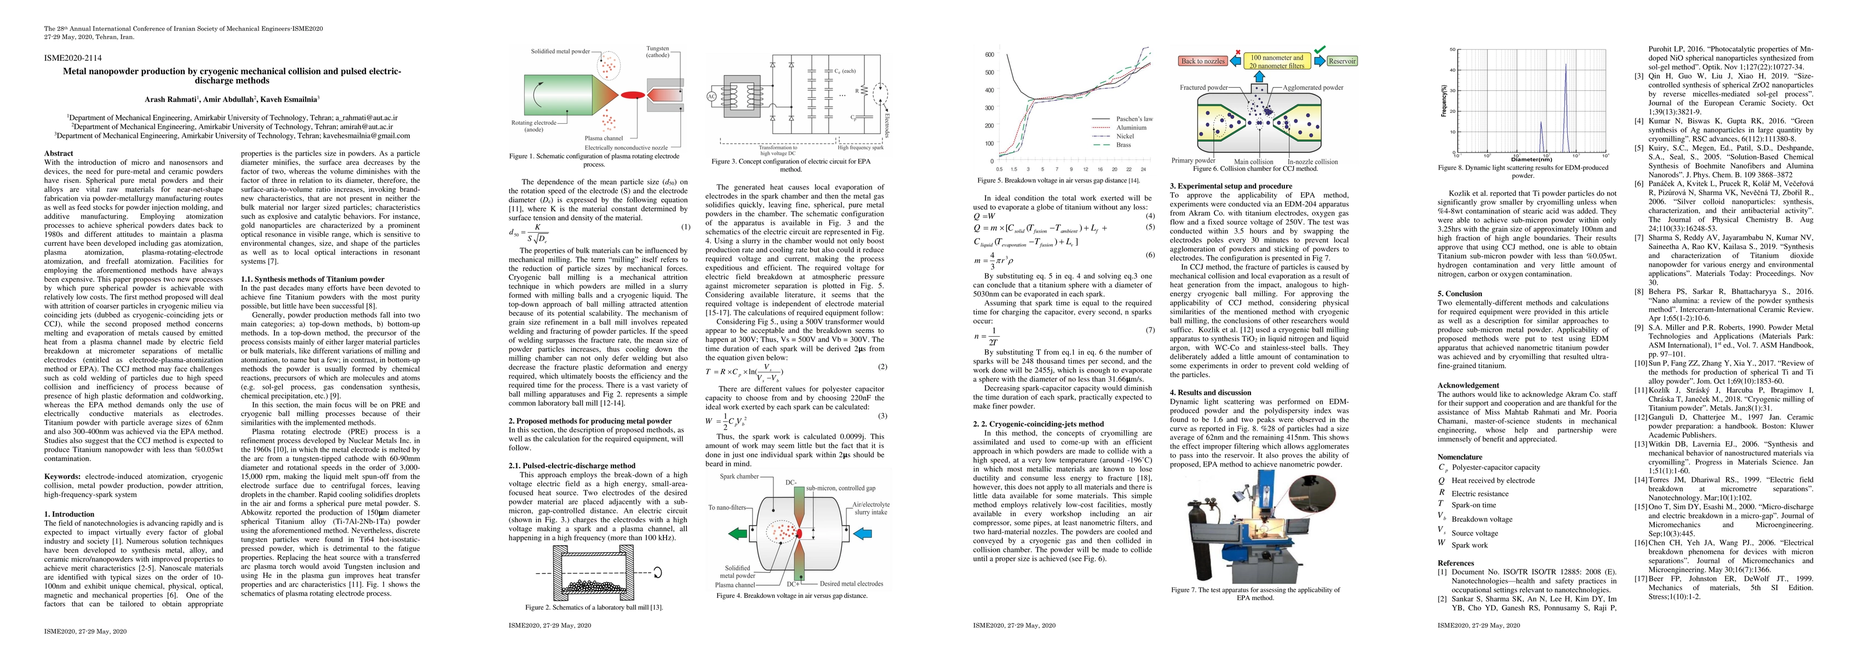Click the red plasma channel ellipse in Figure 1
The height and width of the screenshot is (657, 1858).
tap(633, 95)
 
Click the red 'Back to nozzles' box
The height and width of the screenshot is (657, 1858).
tap(1202, 61)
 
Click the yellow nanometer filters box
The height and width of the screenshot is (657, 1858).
tap(1277, 61)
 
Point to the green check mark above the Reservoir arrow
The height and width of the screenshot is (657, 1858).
tap(1319, 49)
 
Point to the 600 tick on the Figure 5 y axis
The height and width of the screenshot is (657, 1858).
tap(990, 55)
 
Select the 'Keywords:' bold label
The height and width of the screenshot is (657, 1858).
tap(62, 477)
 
